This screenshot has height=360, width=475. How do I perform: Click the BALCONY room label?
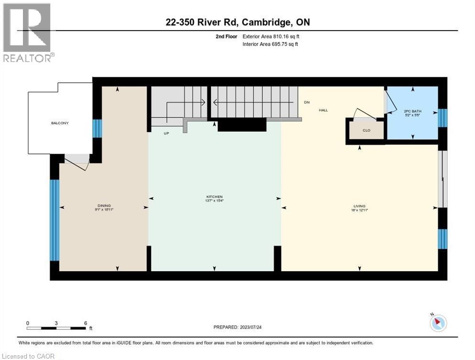click(x=60, y=123)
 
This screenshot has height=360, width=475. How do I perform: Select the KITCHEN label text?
click(x=215, y=197)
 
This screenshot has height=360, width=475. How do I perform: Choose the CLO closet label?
click(x=367, y=130)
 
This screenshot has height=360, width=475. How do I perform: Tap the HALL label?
click(x=324, y=110)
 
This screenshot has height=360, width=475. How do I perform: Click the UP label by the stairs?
click(x=166, y=133)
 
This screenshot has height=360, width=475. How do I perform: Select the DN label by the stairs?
click(x=307, y=103)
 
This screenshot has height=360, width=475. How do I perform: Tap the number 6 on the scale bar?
click(x=85, y=323)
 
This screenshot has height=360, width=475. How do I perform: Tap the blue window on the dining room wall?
click(x=54, y=220)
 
